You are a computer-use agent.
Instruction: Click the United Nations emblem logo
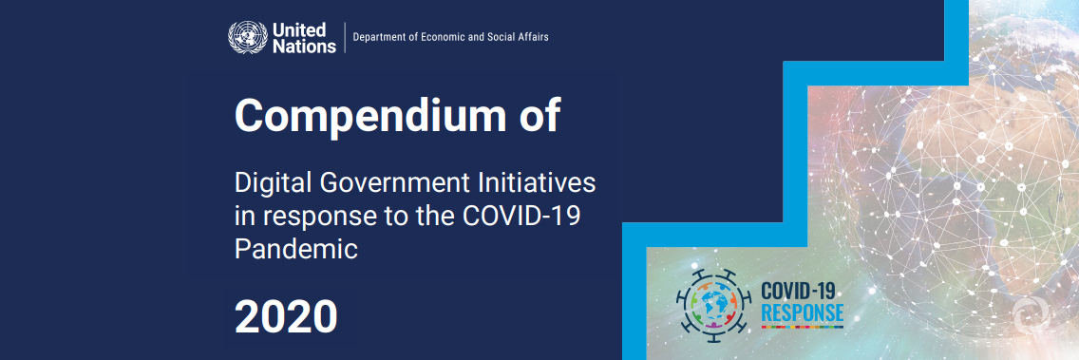[x=248, y=37]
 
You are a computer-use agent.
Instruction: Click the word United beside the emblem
[x=298, y=29]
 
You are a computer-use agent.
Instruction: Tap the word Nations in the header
[x=304, y=45]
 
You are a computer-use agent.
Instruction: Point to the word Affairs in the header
[x=530, y=37]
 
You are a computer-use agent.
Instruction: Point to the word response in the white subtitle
[x=310, y=218]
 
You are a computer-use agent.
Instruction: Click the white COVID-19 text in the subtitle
[x=521, y=216]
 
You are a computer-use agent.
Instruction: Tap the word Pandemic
[x=295, y=250]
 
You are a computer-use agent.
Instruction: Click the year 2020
[x=286, y=316]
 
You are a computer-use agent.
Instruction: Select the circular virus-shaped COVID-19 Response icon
[x=710, y=303]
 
